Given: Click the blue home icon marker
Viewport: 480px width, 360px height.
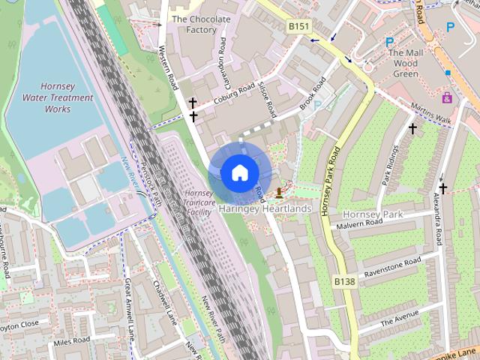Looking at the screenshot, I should click(239, 172).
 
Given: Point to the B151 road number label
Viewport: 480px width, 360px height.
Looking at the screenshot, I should click(298, 25).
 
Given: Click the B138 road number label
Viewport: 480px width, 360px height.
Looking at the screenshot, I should click(344, 281).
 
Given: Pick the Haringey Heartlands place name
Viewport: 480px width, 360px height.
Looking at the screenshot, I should click(265, 208).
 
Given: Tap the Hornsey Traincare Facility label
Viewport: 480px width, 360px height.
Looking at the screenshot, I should click(198, 202).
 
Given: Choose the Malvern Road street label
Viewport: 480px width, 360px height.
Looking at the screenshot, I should click(359, 223).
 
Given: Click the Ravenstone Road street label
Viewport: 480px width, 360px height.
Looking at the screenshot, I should click(392, 268).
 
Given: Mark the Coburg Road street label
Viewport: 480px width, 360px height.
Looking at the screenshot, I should click(233, 96).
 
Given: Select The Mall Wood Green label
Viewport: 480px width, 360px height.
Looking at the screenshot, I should click(406, 64).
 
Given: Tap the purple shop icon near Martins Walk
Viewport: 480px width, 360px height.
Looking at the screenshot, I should click(447, 97).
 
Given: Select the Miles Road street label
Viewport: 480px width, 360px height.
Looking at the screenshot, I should click(71, 342).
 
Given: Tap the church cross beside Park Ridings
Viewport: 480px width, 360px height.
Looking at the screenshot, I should click(412, 129).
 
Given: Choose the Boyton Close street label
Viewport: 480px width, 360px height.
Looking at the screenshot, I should click(19, 325).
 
